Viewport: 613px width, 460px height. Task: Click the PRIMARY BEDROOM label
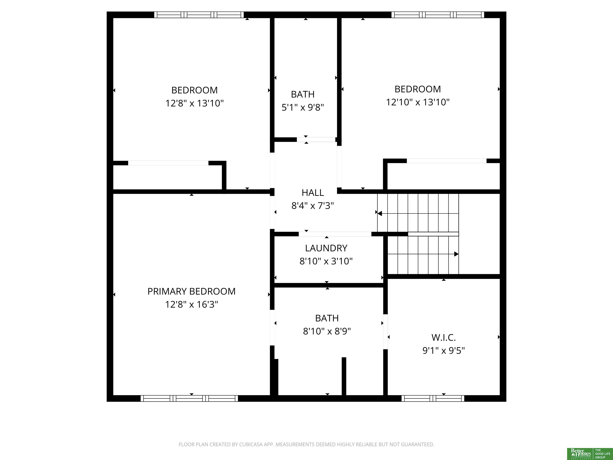coord(192,291)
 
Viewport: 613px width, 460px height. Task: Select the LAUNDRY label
coord(326,248)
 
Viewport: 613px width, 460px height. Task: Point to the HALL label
coord(313,193)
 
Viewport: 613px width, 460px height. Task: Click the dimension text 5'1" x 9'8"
coord(303,107)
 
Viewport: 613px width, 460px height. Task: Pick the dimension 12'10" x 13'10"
coord(418,102)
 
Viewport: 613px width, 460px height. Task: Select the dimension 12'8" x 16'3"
coord(192,304)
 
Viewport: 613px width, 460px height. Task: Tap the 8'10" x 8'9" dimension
coord(327,331)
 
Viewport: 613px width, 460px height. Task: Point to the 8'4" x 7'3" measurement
coord(313,206)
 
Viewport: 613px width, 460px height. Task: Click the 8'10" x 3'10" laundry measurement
coord(326,261)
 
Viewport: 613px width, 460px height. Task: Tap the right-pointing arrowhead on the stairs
coord(456,254)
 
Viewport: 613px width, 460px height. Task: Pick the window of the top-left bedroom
coord(199,15)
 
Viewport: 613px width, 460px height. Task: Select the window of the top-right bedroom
coord(438,15)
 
